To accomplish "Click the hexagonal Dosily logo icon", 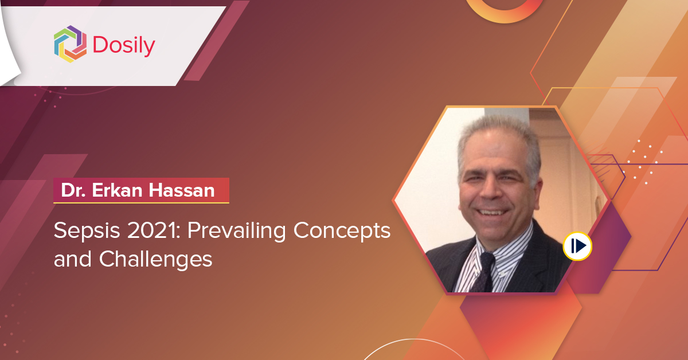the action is [70, 44].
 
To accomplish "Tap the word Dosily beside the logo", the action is [124, 46].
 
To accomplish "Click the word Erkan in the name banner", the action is [117, 190].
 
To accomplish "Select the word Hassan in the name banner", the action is [182, 190].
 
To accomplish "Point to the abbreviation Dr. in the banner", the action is [73, 190].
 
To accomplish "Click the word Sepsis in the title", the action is [87, 231].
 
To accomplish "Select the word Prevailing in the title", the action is [237, 231].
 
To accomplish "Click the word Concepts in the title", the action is [342, 231].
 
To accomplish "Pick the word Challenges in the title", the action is [155, 260].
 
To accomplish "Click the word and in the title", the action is [72, 259].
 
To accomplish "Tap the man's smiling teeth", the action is [493, 212].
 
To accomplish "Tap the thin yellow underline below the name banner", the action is [141, 203].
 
